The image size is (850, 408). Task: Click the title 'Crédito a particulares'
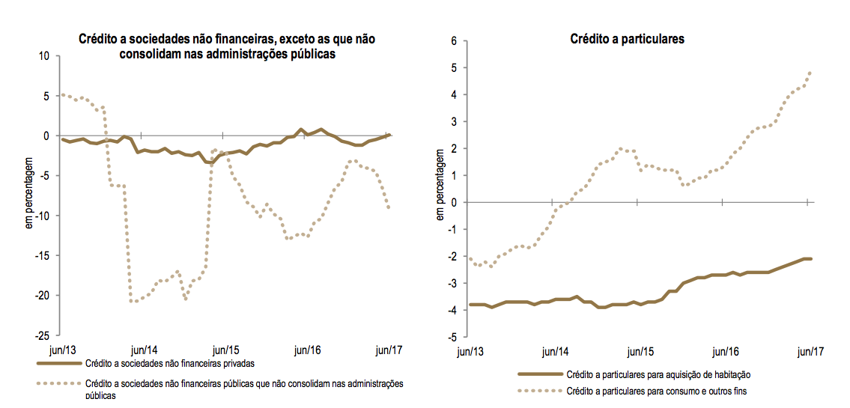pyautogui.click(x=627, y=39)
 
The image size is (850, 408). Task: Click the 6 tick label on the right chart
pyautogui.click(x=454, y=41)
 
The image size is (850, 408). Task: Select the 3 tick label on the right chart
pyautogui.click(x=454, y=122)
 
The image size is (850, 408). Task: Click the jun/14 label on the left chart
pyautogui.click(x=143, y=350)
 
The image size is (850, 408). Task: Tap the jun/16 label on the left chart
pyautogui.click(x=307, y=350)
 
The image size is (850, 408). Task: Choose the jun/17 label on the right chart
pyautogui.click(x=810, y=351)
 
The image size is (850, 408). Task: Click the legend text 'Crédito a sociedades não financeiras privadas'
pyautogui.click(x=170, y=365)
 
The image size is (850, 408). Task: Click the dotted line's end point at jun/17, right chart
pyautogui.click(x=810, y=73)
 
